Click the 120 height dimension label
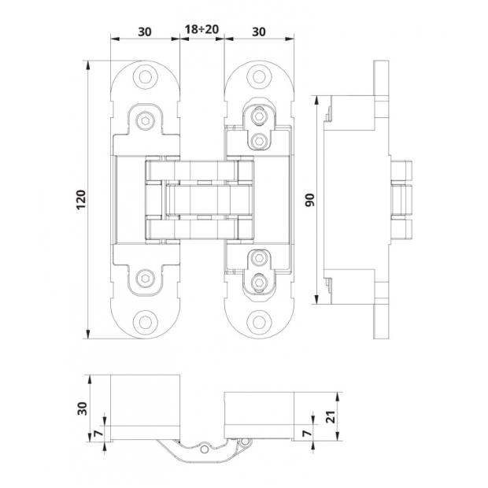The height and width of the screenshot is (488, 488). (81, 199)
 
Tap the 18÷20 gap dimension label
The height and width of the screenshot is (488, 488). (201, 30)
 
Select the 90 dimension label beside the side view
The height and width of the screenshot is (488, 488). (310, 200)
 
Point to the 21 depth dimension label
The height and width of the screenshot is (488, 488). (332, 416)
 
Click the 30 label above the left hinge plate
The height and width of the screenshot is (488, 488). (145, 31)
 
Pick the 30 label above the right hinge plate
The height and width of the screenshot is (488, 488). (259, 31)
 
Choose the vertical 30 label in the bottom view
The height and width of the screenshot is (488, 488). (82, 409)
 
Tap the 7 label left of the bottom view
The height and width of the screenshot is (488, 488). (98, 433)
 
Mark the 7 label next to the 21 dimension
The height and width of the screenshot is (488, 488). (307, 433)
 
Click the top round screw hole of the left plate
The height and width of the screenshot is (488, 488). (145, 77)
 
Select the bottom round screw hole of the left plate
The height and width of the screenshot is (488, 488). (145, 323)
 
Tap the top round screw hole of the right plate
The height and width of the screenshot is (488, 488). (259, 77)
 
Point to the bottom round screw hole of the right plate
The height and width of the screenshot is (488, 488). (259, 323)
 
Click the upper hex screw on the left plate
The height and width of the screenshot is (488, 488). (146, 120)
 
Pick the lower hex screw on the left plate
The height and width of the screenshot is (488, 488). (146, 278)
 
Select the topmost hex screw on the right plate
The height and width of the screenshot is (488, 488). (259, 116)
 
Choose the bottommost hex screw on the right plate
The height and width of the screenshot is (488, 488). (259, 283)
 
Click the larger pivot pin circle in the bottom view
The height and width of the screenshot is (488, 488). (205, 449)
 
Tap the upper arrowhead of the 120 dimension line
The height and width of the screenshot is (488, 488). (88, 65)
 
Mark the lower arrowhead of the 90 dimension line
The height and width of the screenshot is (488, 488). (317, 299)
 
